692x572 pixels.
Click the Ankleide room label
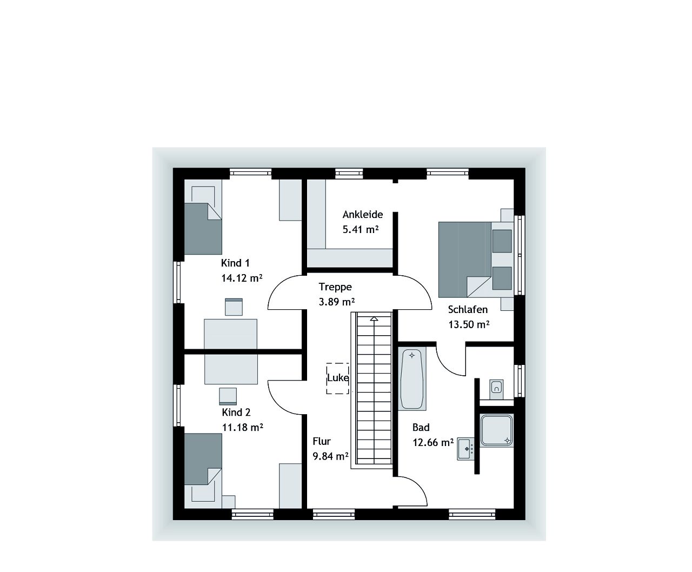362,215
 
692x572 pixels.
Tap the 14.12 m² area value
242,278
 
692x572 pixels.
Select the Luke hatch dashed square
337,378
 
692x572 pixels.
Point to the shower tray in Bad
496,430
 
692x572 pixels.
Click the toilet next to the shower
496,387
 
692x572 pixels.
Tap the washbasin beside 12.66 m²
465,448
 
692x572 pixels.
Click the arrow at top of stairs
374,319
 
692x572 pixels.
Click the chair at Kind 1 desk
234,307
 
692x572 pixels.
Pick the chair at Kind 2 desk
228,396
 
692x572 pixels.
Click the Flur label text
322,441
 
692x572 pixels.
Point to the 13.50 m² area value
469,324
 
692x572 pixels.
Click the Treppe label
335,287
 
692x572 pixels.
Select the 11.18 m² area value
242,427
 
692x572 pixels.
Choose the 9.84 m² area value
330,456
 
